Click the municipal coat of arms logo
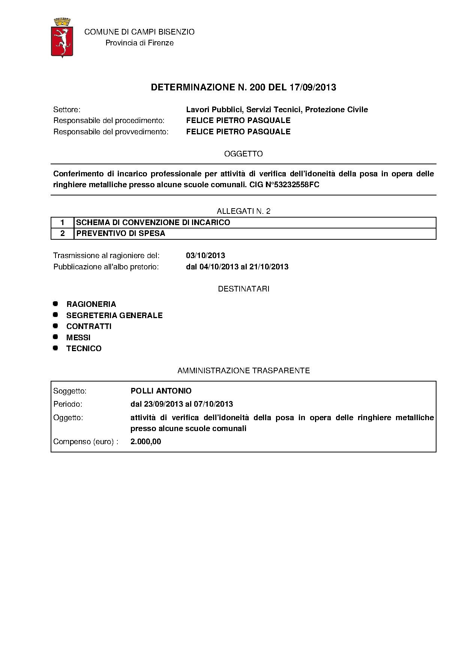tap(62, 38)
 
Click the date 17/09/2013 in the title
tap(313, 87)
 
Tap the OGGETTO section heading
tap(243, 154)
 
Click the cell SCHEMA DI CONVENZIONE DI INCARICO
tap(153, 222)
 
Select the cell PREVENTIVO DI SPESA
tap(121, 233)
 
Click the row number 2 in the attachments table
tap(63, 233)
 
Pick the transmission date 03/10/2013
tap(205, 255)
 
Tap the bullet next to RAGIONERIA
tap(55, 303)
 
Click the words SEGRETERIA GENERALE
tap(114, 315)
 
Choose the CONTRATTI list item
tap(89, 326)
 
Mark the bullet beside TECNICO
tap(55, 348)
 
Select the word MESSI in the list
tap(78, 338)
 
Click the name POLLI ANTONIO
tap(161, 391)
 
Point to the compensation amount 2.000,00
tap(146, 442)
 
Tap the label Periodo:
tap(68, 404)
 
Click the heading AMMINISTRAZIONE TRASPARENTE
tap(243, 371)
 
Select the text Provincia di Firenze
tap(139, 43)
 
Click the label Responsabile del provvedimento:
tap(111, 132)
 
